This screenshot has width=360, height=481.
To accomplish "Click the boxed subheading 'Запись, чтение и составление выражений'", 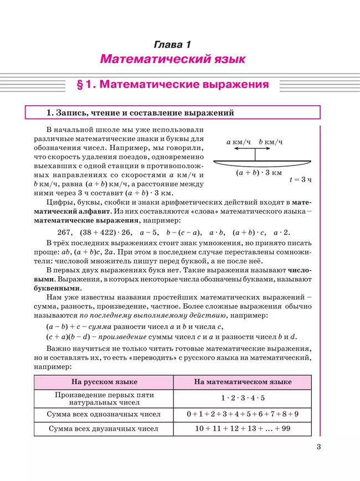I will tap(140, 113).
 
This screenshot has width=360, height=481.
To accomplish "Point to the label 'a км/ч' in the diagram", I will tap(239, 142).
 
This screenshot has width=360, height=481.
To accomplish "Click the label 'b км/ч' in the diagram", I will tap(271, 142).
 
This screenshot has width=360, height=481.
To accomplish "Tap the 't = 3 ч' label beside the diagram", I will tap(301, 179).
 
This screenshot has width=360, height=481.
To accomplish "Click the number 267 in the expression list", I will tap(65, 232).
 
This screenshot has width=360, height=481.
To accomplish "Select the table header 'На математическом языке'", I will tap(243, 382).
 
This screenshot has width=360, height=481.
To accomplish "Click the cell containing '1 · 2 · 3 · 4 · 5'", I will tap(243, 399).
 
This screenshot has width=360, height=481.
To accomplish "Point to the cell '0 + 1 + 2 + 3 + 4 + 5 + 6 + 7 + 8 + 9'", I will tap(243, 414).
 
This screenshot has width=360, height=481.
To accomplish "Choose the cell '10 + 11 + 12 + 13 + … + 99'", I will tap(243, 428).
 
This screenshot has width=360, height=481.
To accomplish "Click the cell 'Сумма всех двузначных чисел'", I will tap(104, 428).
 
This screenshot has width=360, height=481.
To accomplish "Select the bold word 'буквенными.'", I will tap(57, 288).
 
